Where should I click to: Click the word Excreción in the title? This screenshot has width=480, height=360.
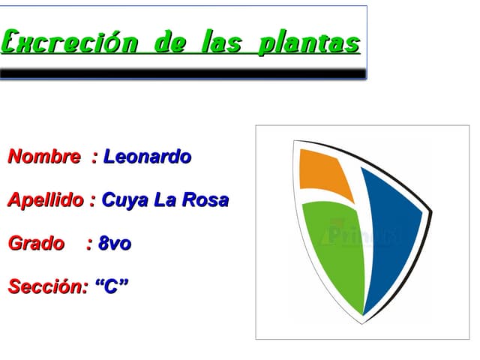click(70, 42)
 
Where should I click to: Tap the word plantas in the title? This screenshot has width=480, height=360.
click(308, 42)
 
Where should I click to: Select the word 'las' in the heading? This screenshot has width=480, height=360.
click(221, 42)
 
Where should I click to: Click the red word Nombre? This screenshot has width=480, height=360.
click(44, 157)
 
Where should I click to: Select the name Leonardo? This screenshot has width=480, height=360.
click(147, 157)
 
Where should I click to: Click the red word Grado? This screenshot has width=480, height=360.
click(36, 244)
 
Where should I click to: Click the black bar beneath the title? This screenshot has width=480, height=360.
click(183, 73)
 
